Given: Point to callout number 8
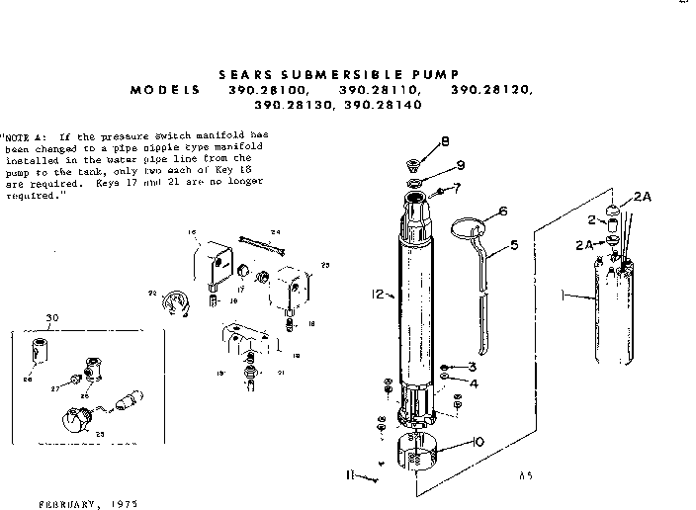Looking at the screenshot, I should pyautogui.click(x=445, y=140).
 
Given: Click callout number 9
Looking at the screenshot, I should pyautogui.click(x=460, y=164).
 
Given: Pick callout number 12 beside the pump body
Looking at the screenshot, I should pyautogui.click(x=379, y=294).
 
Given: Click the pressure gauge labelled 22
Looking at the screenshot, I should pyautogui.click(x=173, y=300).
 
